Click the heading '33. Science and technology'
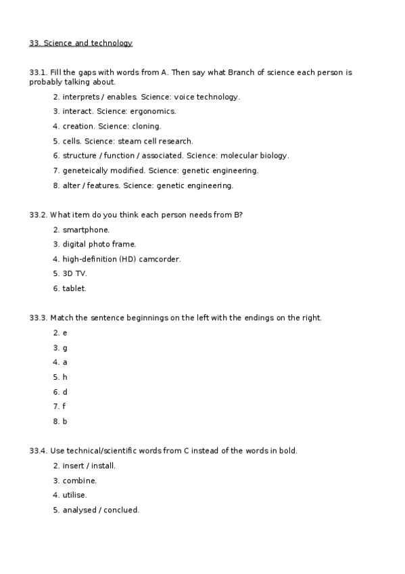[80, 43]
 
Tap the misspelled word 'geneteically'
[85, 171]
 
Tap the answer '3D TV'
[74, 273]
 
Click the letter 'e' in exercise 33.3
[65, 333]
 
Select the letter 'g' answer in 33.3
[65, 348]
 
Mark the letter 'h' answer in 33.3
[65, 377]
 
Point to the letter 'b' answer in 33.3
[65, 421]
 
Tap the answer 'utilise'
[74, 495]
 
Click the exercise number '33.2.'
[38, 215]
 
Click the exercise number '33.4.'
[38, 451]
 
